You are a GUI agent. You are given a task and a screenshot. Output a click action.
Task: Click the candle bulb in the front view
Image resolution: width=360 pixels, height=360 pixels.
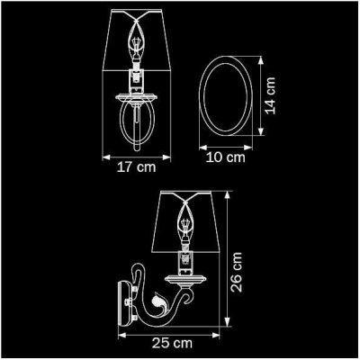(138, 44)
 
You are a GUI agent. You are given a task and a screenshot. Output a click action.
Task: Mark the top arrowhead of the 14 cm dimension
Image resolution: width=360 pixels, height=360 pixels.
(262, 59)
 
